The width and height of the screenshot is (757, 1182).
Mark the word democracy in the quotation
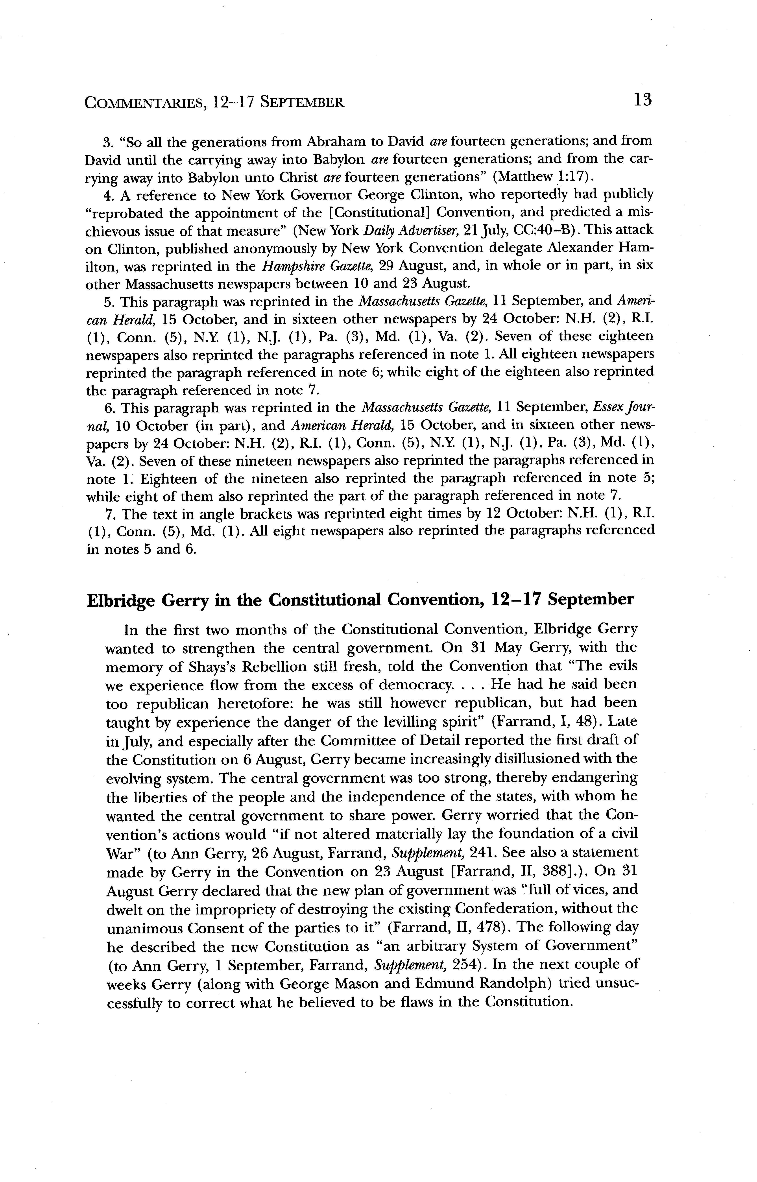click(x=414, y=685)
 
